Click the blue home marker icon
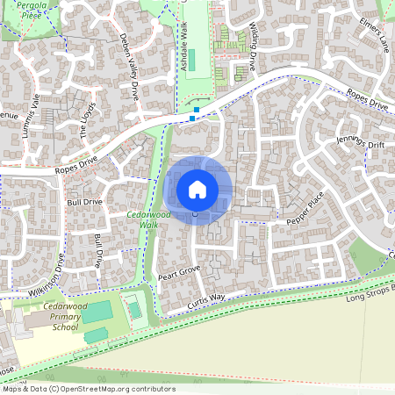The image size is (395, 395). coord(197,190)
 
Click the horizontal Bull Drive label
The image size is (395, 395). coord(84,202)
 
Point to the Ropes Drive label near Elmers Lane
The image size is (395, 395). coord(367,104)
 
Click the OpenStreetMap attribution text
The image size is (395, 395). coord(88,389)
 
